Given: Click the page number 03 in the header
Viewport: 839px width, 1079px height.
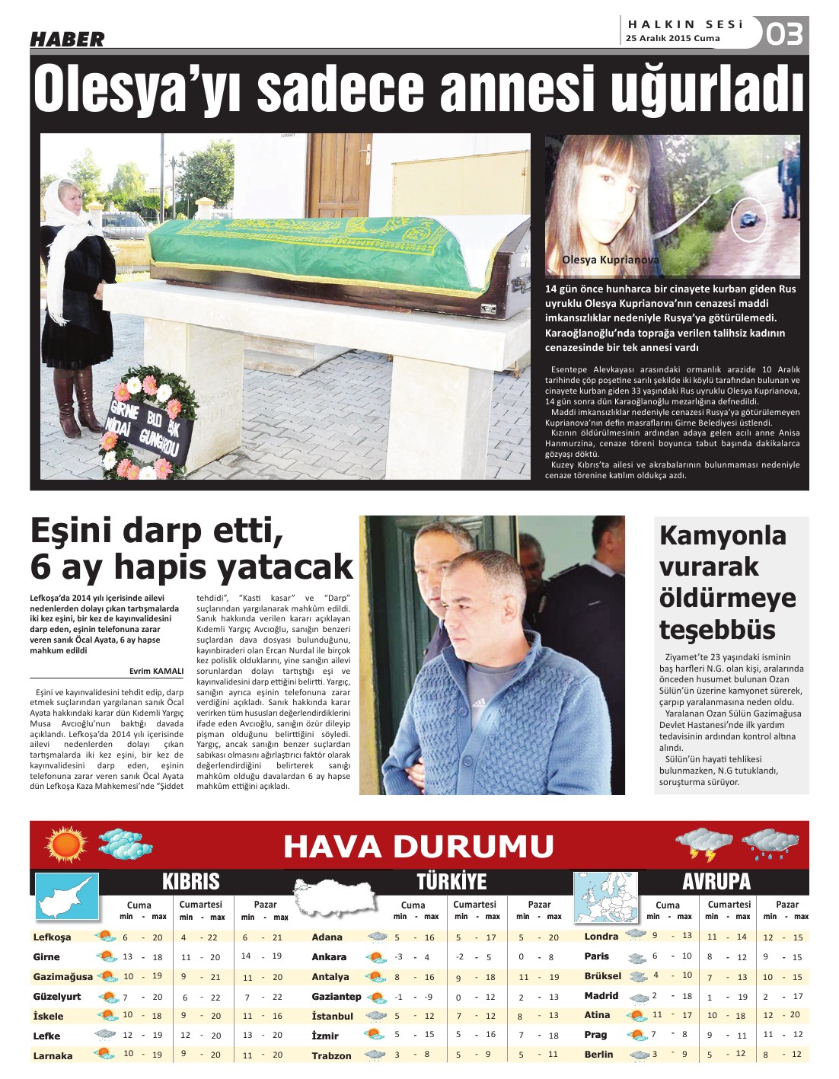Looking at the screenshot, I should point(785,34).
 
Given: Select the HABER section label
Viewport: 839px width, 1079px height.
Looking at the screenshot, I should point(67,39).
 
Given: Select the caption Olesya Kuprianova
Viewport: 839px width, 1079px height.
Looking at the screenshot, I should point(610,260).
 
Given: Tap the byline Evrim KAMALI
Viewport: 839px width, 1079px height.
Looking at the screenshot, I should point(156,671).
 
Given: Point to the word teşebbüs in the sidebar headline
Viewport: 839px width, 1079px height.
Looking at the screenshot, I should point(707,630).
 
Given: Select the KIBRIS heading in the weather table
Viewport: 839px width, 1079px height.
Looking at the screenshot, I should point(190,881).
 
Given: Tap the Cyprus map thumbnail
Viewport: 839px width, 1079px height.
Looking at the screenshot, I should point(68,896).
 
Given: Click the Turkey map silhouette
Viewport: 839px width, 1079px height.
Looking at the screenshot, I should point(336,896).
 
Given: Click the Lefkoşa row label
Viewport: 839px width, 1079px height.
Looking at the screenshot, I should point(52,937).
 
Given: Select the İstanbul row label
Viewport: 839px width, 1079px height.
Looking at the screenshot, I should point(332,1016).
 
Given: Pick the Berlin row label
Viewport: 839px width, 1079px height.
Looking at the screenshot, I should point(598,1054).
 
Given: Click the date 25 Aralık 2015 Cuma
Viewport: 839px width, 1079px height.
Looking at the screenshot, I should point(672,38).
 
